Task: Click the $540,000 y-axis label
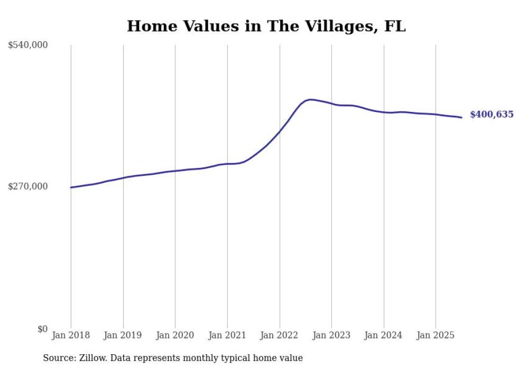(28, 45)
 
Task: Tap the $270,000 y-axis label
(28, 186)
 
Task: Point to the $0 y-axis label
(42, 329)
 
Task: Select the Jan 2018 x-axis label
(71, 335)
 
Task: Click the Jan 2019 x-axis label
(123, 335)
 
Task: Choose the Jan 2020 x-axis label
(175, 335)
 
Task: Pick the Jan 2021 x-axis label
(227, 335)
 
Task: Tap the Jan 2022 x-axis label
(280, 335)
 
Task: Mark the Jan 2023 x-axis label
(331, 335)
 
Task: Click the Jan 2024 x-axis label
(384, 335)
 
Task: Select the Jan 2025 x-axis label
(436, 335)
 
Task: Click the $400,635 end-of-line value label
(492, 115)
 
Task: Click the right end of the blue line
(461, 117)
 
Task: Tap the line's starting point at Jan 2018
(71, 187)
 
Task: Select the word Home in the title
(149, 26)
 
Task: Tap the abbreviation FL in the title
(395, 26)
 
